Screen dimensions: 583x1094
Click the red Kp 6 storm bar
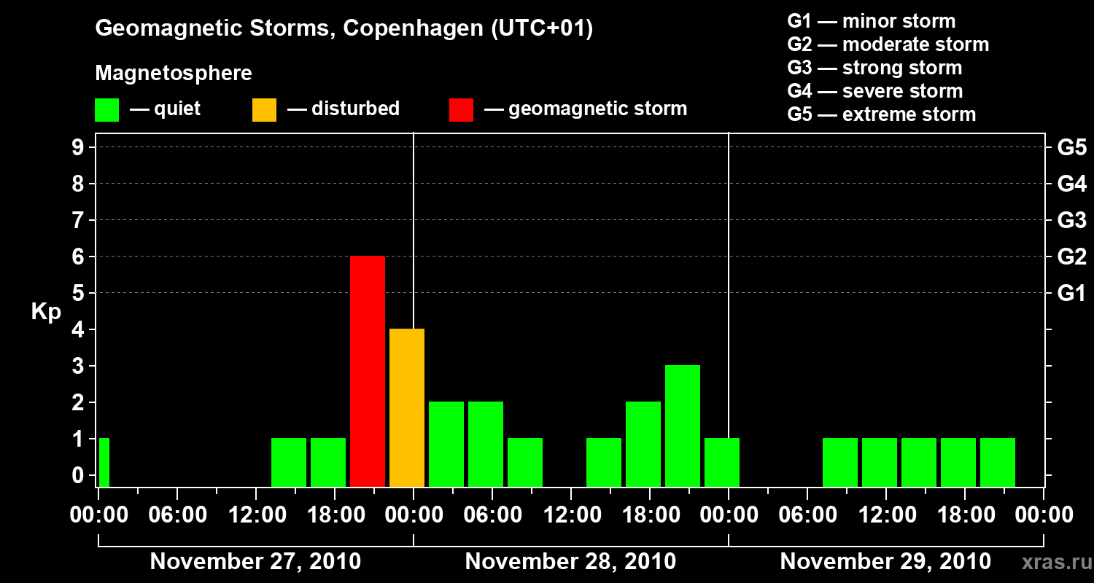click(368, 371)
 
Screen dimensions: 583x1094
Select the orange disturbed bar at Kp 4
click(407, 407)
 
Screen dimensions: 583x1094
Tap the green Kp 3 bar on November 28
click(683, 426)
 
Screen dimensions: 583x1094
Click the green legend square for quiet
click(106, 110)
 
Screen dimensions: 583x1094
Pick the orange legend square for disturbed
click(264, 110)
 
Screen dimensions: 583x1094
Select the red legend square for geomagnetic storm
click(461, 110)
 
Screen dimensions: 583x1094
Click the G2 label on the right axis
click(1071, 257)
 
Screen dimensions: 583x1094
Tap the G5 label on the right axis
click(1071, 148)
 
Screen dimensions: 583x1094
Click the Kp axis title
click(46, 312)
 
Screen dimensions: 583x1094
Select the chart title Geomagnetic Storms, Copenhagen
click(344, 28)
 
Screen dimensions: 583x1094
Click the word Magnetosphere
click(174, 74)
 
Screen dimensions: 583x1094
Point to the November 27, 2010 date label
click(255, 562)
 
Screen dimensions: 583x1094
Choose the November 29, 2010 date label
click(885, 562)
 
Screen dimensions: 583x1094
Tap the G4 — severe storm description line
click(874, 91)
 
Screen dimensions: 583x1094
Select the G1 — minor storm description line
click(871, 21)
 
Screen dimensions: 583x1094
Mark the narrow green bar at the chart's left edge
click(104, 462)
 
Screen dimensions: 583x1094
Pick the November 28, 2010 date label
click(570, 562)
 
